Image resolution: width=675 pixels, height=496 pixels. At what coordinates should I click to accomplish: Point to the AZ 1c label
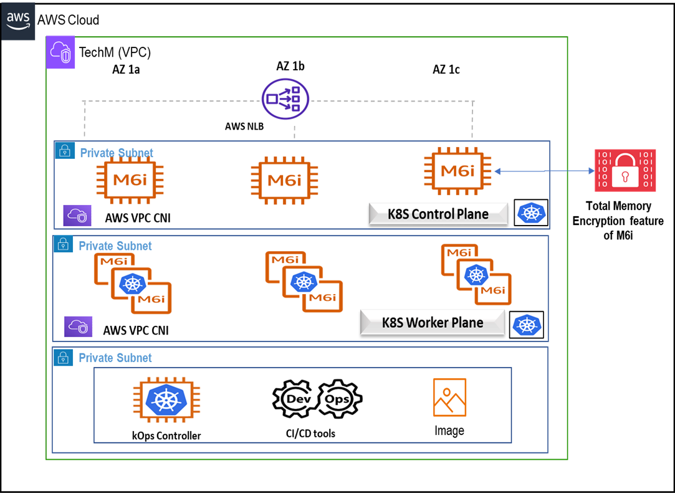point(446,70)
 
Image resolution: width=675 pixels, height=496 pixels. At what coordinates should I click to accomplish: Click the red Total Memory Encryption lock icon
point(624,170)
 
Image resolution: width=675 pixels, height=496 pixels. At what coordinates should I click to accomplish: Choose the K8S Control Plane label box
point(438,214)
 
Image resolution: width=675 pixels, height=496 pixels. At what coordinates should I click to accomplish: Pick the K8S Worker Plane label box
point(432,323)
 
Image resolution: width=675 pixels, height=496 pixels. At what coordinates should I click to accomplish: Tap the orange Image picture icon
point(449,398)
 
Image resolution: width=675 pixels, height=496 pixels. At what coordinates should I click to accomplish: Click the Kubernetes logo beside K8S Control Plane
point(531,213)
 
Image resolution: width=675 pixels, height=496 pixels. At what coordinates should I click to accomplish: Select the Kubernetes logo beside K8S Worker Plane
point(527,325)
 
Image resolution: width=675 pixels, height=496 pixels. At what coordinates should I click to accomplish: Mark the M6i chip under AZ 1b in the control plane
point(284,180)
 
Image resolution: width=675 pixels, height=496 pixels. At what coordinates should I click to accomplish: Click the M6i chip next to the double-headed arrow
point(458,169)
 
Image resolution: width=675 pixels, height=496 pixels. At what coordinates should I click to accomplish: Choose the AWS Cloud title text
point(68,20)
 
